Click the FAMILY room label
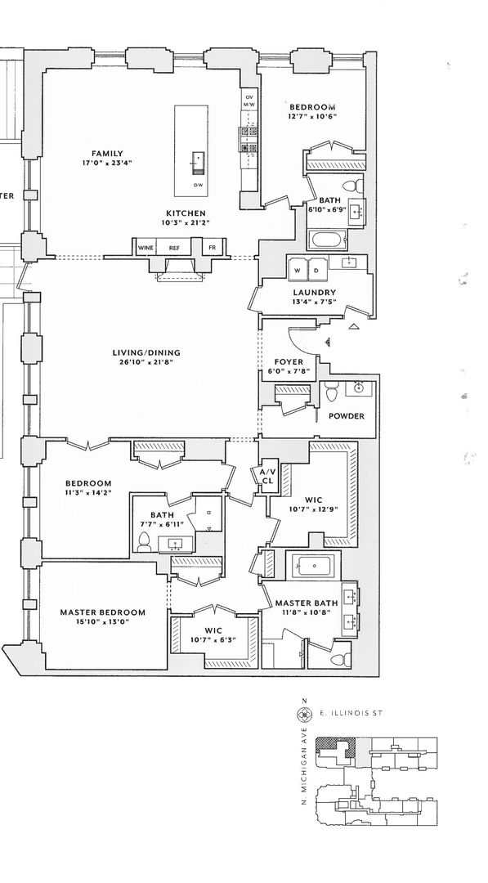[107, 154]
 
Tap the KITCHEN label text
[186, 213]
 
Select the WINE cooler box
[146, 247]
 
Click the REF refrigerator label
[174, 248]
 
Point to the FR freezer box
[213, 247]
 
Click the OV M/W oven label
[249, 101]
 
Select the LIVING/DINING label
[146, 353]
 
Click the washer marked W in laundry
[298, 269]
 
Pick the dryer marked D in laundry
[316, 269]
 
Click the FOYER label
[289, 362]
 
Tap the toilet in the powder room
[331, 392]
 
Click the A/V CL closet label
[268, 477]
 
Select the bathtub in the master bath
[313, 564]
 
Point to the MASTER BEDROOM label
[102, 612]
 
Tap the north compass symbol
[305, 714]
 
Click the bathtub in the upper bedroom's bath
[326, 240]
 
